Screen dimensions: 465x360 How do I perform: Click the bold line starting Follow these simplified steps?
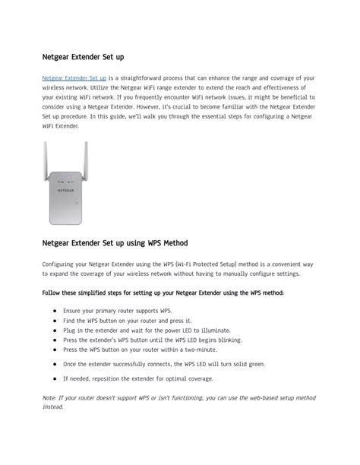(163, 293)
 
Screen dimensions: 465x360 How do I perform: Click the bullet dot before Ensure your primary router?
(55, 312)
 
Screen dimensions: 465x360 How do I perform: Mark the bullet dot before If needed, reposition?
(55, 378)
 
